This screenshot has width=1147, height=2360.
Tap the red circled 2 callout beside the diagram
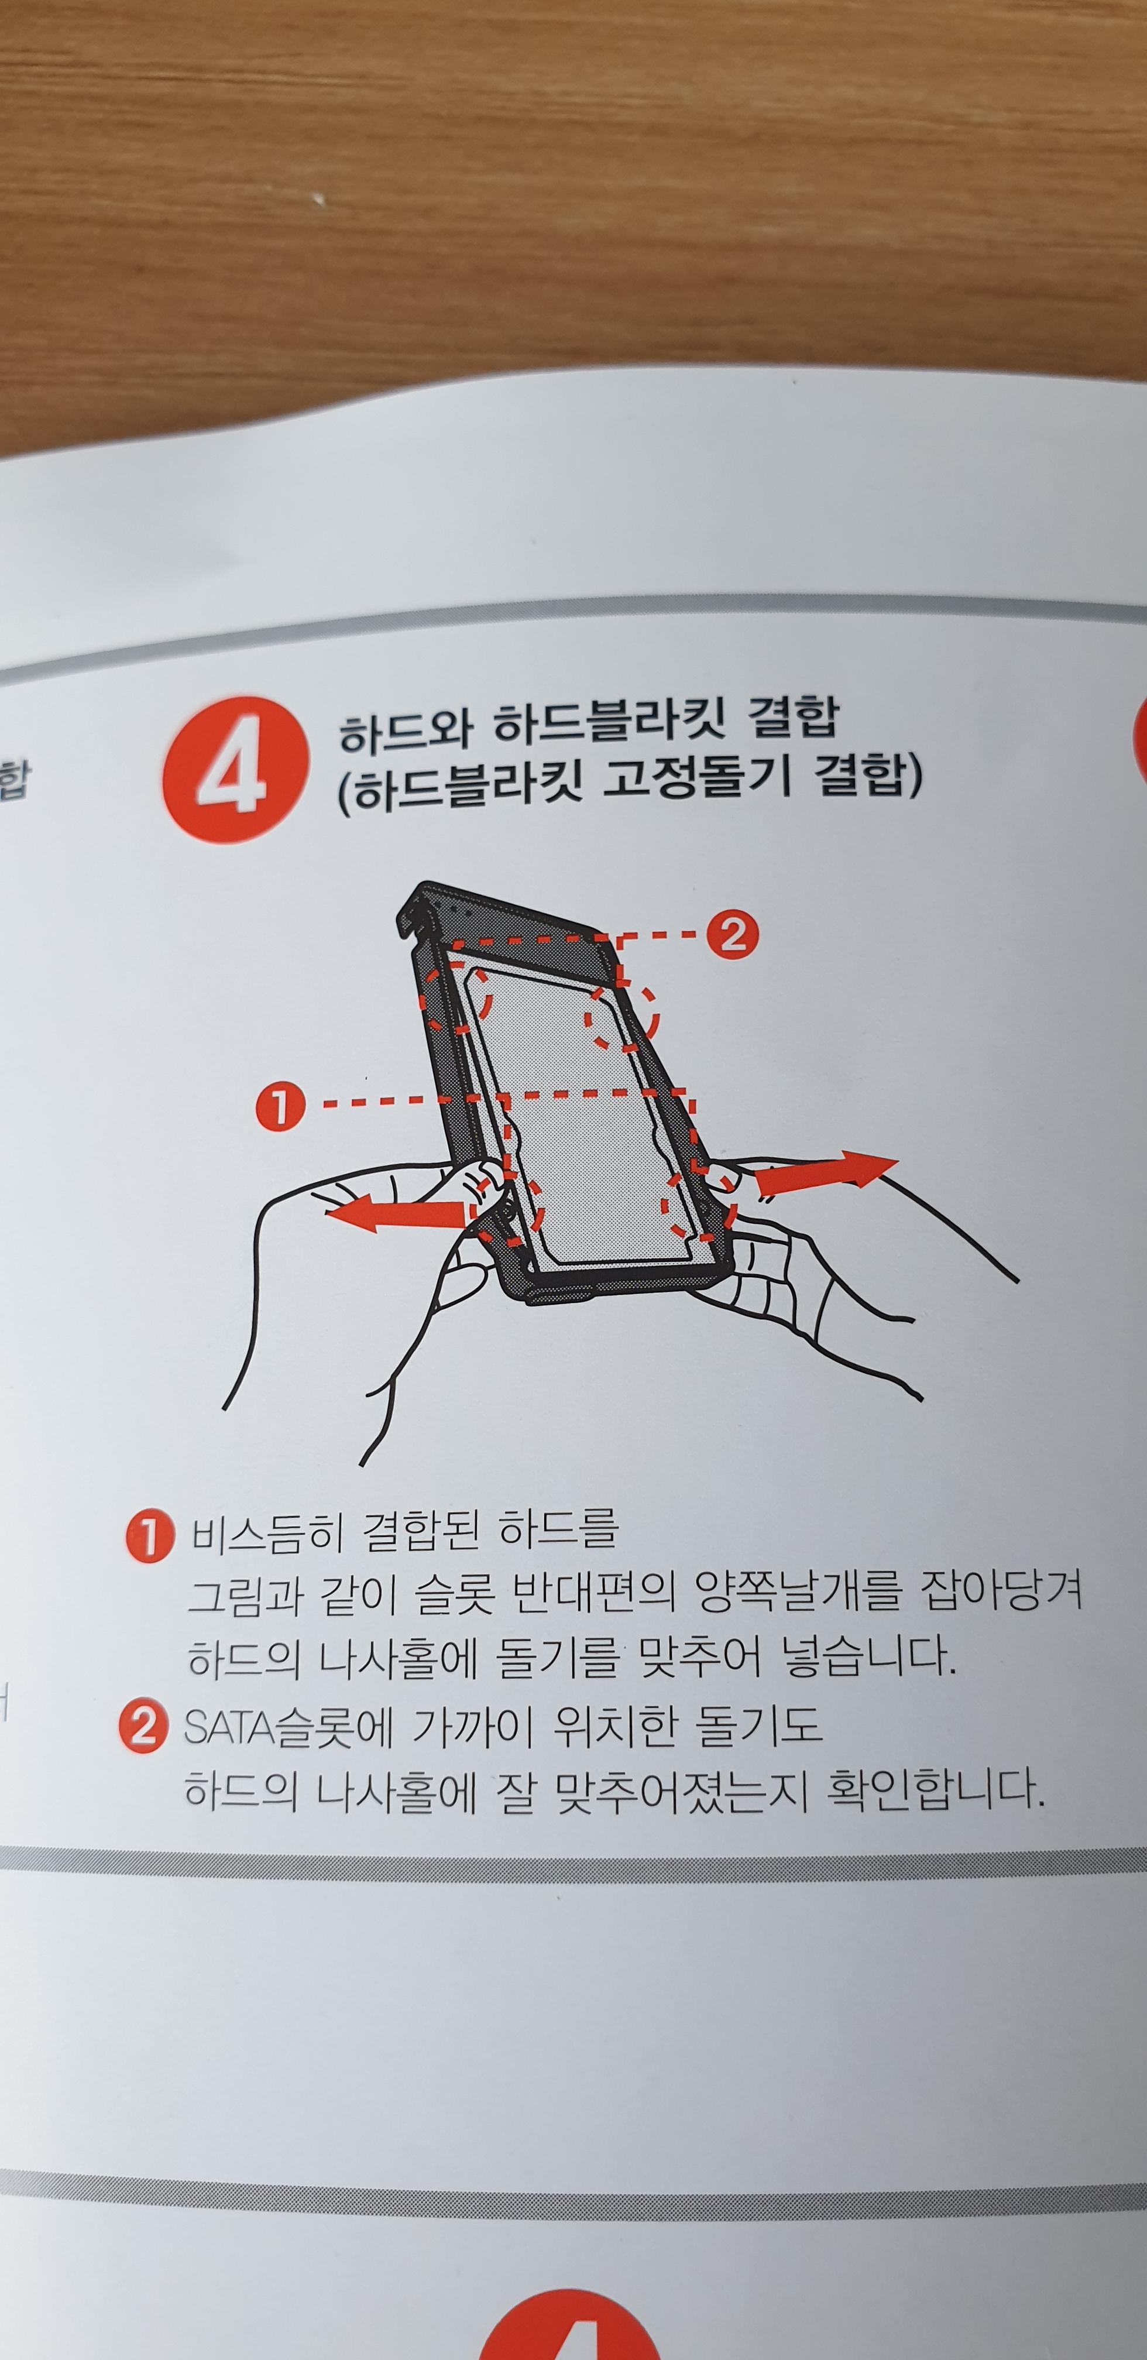tap(733, 935)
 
